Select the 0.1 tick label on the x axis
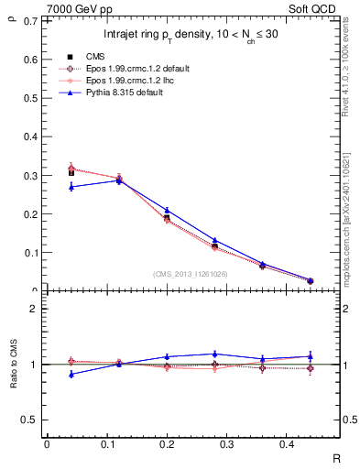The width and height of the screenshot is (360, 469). click(117, 444)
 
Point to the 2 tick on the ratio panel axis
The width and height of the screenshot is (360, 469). click(34, 309)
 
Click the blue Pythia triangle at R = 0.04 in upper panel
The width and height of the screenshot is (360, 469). click(71, 187)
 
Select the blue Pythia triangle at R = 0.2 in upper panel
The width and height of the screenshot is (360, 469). click(167, 210)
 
